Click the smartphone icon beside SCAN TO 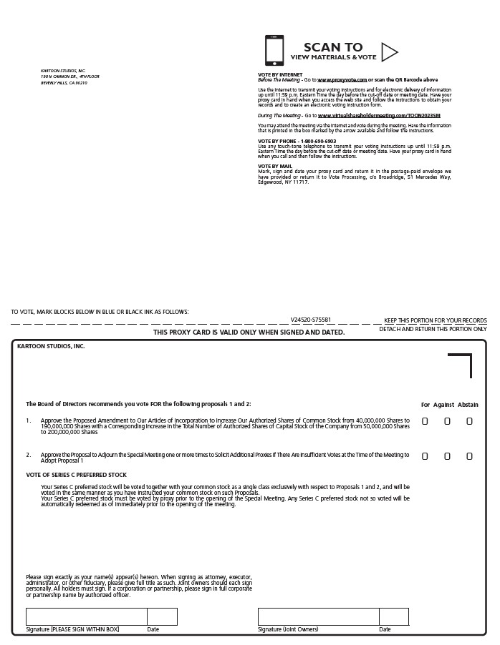[274, 51]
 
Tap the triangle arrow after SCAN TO [389, 51]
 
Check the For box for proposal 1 [425, 421]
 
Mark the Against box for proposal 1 [447, 421]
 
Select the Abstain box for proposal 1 [469, 421]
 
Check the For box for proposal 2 [425, 456]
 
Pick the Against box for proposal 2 [447, 456]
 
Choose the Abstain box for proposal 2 [469, 456]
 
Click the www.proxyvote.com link [342, 79]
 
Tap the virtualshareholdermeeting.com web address [379, 115]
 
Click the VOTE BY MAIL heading [275, 166]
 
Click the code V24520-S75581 [310, 320]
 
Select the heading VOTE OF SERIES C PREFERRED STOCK [77, 475]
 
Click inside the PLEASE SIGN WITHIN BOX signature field [86, 616]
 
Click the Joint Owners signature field [318, 616]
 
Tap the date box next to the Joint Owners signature [393, 616]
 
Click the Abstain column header [468, 405]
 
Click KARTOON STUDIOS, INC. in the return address [63, 71]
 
